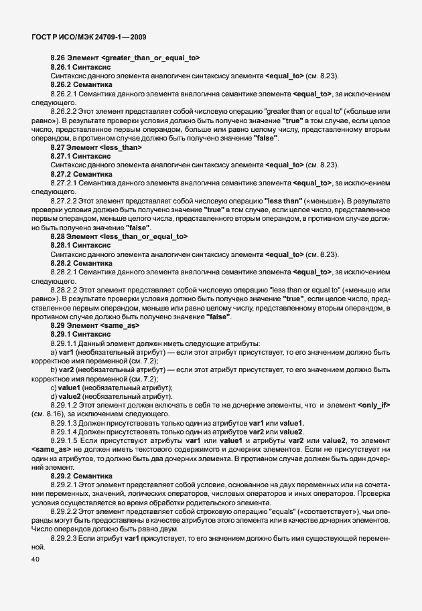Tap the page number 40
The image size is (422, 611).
(36, 561)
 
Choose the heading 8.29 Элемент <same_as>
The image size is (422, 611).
(94, 325)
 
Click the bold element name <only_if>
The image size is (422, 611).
(374, 406)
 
